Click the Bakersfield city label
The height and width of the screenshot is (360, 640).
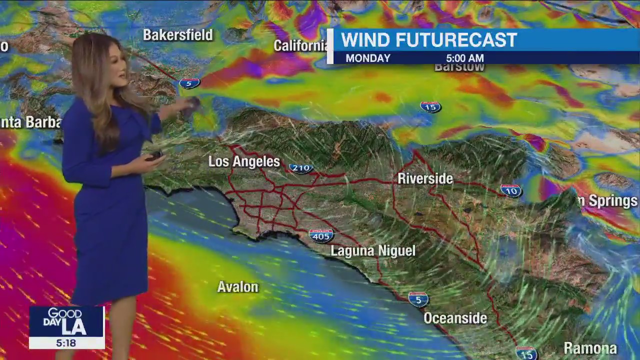tap(177, 35)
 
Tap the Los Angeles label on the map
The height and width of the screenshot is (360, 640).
tap(244, 161)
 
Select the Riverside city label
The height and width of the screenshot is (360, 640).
tap(425, 178)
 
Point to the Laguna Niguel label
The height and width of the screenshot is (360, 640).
tap(373, 250)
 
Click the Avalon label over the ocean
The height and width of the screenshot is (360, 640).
tap(237, 287)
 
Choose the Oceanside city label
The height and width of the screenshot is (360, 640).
tap(455, 318)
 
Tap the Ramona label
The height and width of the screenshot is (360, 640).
tap(590, 348)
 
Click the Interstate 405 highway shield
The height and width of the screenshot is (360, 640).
tap(321, 235)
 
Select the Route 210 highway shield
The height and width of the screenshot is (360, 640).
tap(301, 168)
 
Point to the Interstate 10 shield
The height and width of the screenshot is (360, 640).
tap(510, 190)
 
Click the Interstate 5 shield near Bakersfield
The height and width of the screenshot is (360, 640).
tap(189, 83)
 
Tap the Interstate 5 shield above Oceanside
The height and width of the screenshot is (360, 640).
tap(418, 299)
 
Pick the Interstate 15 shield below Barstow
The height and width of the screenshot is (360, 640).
tap(430, 106)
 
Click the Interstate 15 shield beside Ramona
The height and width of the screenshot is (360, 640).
tap(526, 353)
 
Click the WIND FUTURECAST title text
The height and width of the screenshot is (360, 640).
tap(428, 40)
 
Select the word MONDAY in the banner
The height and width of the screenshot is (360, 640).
tap(368, 58)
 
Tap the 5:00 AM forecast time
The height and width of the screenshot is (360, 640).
tap(464, 58)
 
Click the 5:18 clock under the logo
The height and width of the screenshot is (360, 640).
tap(66, 343)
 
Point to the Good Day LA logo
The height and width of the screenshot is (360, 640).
tap(66, 321)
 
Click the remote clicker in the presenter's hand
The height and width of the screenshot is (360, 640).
tap(154, 156)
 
